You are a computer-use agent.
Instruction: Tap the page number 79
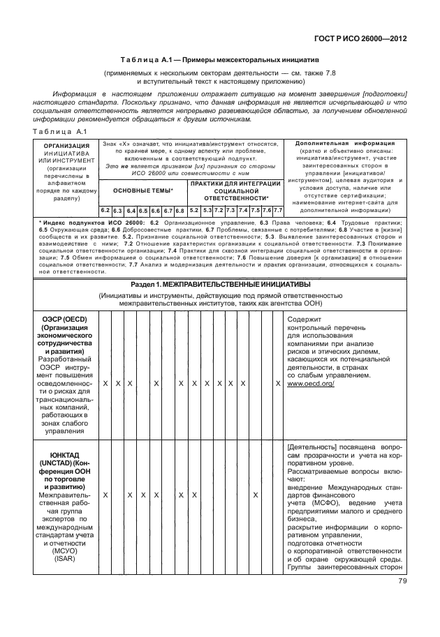[402, 580]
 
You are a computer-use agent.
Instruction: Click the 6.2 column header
[105, 210]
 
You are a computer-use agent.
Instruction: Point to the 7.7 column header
[277, 210]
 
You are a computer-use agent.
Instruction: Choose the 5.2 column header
[195, 210]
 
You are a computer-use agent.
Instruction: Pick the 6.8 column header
[180, 210]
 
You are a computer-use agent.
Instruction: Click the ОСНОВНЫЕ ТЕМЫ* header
[142, 190]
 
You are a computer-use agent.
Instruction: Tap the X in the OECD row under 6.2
[105, 384]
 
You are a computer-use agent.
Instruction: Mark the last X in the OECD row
[277, 384]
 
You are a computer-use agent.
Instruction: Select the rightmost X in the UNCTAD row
[255, 495]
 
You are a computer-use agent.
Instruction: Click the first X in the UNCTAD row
[105, 495]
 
